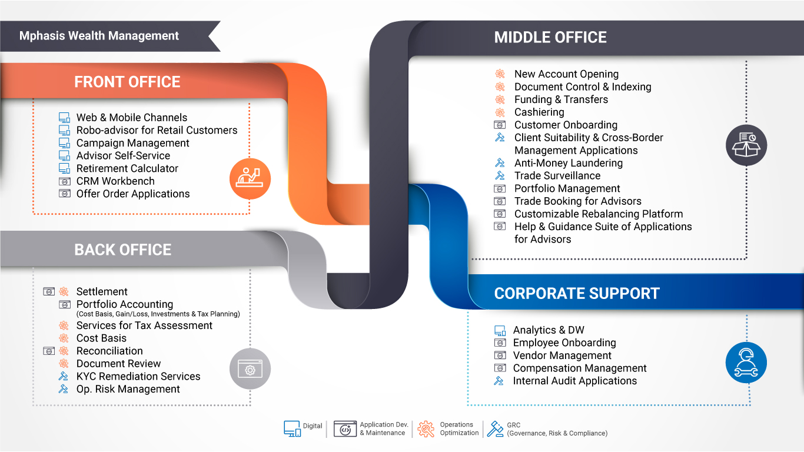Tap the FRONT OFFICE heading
(x=127, y=82)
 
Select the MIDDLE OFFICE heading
(x=550, y=37)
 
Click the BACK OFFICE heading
(x=123, y=250)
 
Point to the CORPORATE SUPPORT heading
(x=577, y=293)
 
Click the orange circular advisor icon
(x=250, y=179)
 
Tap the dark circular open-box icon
(x=746, y=145)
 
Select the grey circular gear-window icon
(x=250, y=368)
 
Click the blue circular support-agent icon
(x=746, y=363)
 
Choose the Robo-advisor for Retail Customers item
(x=157, y=130)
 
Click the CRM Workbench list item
(x=115, y=181)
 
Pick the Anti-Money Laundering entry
(x=569, y=163)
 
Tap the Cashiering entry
(x=539, y=112)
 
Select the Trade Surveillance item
(x=557, y=175)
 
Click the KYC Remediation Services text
(x=138, y=376)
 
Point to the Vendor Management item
(x=562, y=355)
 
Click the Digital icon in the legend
(x=292, y=428)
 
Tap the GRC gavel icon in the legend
(x=496, y=428)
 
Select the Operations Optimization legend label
(x=460, y=428)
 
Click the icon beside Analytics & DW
(x=500, y=330)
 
